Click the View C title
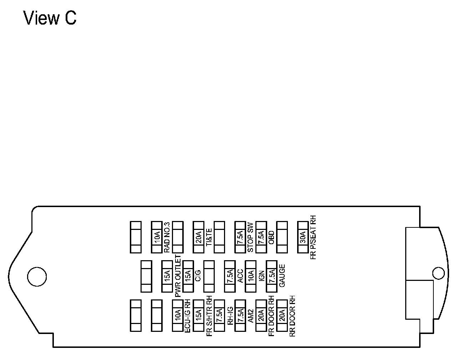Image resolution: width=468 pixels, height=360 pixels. pos(50,18)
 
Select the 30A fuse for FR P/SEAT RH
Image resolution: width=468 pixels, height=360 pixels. pos(303,237)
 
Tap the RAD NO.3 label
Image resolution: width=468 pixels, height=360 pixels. pos(167,237)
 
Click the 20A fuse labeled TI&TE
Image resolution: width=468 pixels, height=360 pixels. pos(198,237)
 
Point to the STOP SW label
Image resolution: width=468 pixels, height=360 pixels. pos(250,237)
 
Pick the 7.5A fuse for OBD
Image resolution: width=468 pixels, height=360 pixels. pos(261,237)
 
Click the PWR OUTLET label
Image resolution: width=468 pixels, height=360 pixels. pos(178,276)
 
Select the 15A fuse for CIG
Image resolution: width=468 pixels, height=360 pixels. pos(188,276)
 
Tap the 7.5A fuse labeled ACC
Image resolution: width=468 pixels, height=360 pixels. pos(230,276)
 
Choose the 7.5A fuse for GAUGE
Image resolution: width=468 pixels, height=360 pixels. pos(271,276)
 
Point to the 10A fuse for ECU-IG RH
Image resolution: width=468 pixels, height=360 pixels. pos(177,316)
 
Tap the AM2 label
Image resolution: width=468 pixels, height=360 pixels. pos(251,316)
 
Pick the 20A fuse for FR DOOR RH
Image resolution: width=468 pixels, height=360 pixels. pos(261,316)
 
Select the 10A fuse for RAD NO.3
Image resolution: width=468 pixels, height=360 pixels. pos(157,237)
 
